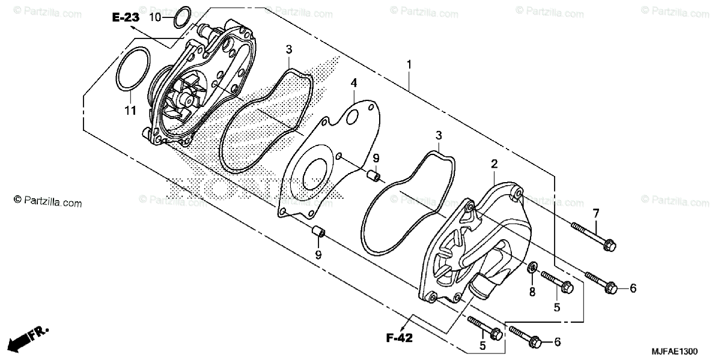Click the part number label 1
pos(409,64)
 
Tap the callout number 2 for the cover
pos(494,163)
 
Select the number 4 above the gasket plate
pos(354,82)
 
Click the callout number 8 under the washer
pos(532,292)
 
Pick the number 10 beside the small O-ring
pos(155,17)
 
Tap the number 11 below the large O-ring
pos(130,110)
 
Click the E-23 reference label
pos(126,18)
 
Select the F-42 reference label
pos(398,338)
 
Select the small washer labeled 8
pos(532,267)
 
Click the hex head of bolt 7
pos(609,245)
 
